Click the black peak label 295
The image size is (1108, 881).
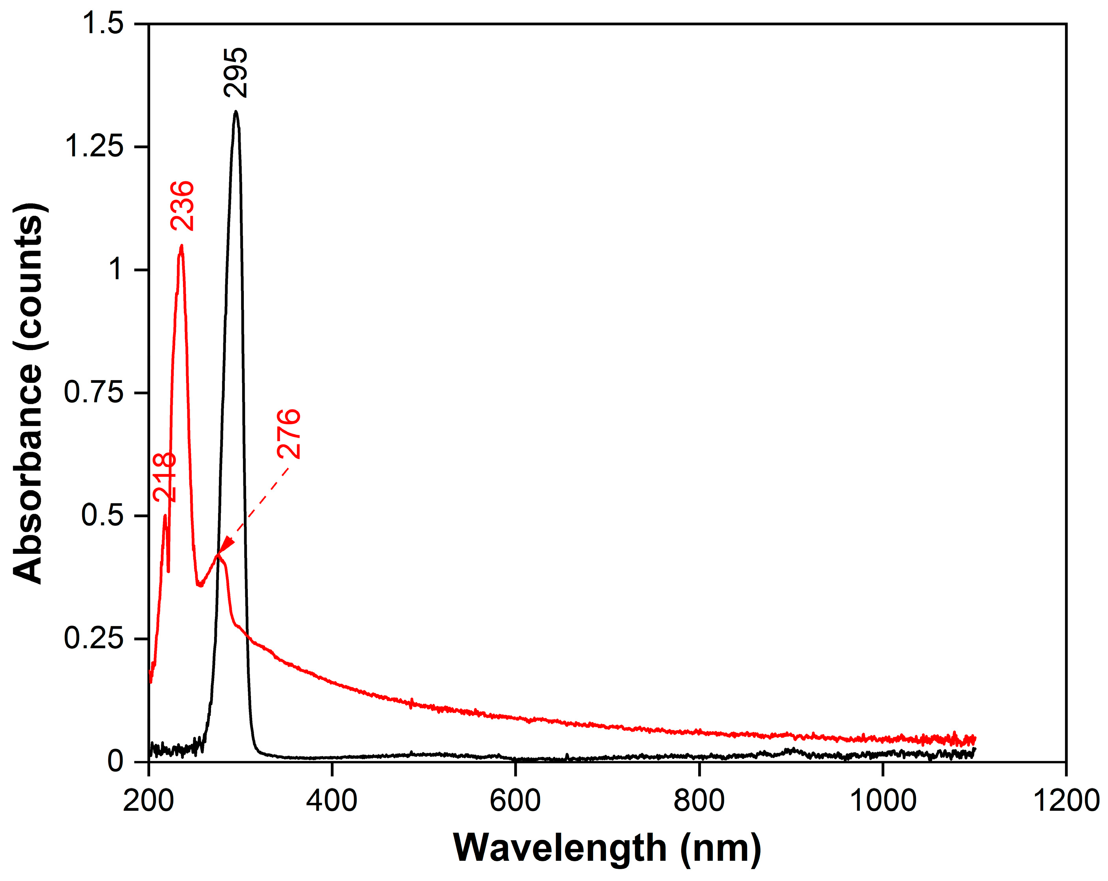coord(236,72)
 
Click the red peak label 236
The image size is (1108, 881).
coord(183,205)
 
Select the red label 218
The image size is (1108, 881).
coord(165,477)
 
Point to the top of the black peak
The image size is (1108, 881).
coord(236,111)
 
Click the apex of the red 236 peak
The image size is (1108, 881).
coord(181,246)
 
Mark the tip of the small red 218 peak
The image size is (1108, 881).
coord(165,515)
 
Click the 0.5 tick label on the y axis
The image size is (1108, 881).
coord(103,515)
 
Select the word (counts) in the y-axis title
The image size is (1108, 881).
coord(28,277)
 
